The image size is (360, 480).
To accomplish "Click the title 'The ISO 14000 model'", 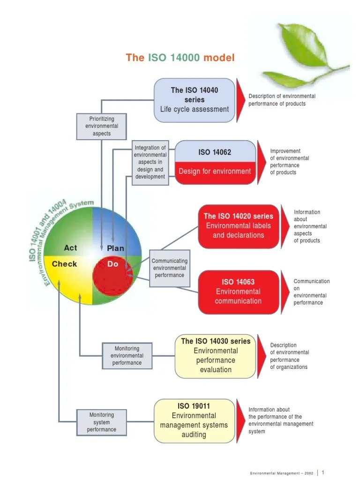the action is coord(180,58).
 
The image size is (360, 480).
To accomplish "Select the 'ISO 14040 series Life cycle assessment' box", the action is coord(195,100).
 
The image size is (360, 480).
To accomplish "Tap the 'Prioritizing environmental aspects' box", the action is coord(102,127).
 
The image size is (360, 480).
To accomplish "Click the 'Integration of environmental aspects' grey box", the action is coord(150,163).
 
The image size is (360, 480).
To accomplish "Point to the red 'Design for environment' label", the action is coord(215,172).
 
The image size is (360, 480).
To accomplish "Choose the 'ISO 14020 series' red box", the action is coord(239,226).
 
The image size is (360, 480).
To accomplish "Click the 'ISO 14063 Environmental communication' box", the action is coord(239,292).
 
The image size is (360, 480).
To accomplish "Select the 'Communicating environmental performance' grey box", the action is coord(170,268).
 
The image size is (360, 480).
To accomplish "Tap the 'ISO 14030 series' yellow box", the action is coord(215,356).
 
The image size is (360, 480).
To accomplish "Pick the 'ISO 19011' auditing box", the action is coord(194,420).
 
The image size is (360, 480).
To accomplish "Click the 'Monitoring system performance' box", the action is coord(102,422).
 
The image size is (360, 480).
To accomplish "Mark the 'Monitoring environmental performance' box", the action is coord(127,356).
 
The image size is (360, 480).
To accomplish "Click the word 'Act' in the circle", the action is coord(70,247).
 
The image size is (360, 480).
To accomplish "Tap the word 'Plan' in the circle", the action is coord(115,248).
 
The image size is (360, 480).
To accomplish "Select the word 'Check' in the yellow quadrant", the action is coord(64,264).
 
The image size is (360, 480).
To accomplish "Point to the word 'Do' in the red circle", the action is coord(112,264).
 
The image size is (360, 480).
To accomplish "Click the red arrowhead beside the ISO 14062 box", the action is coord(262,163).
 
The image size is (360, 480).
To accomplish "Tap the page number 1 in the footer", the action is coord(322,472).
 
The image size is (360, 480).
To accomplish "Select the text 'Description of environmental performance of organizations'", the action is coord(289,356).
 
